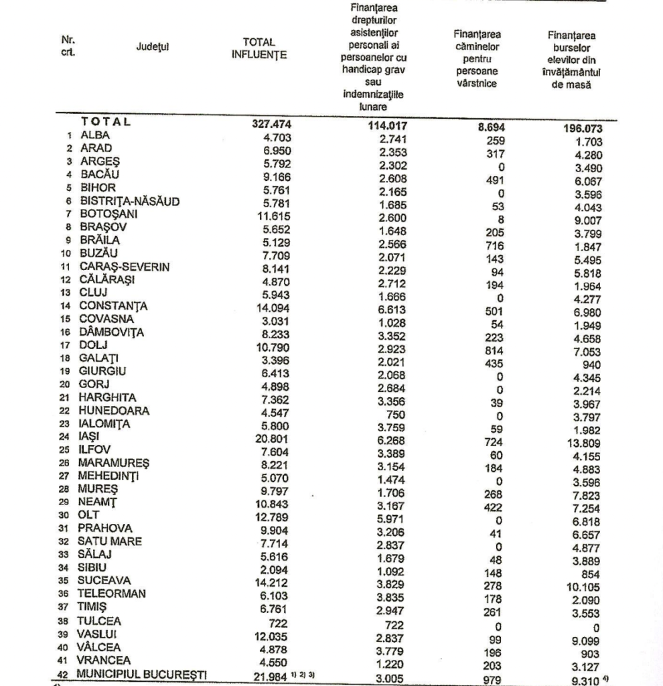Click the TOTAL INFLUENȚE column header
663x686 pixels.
point(259,48)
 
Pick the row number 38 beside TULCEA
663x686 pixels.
point(62,620)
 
